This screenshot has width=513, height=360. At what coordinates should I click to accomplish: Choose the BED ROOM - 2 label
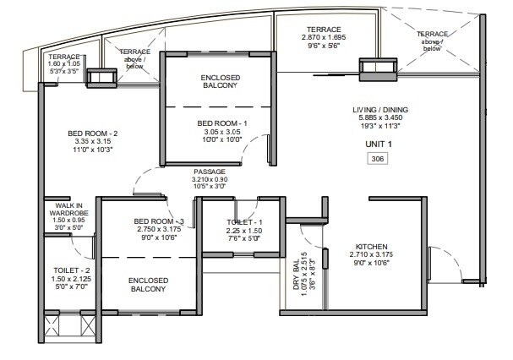pyautogui.click(x=92, y=133)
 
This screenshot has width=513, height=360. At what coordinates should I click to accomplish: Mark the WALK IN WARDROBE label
pyautogui.click(x=68, y=208)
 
